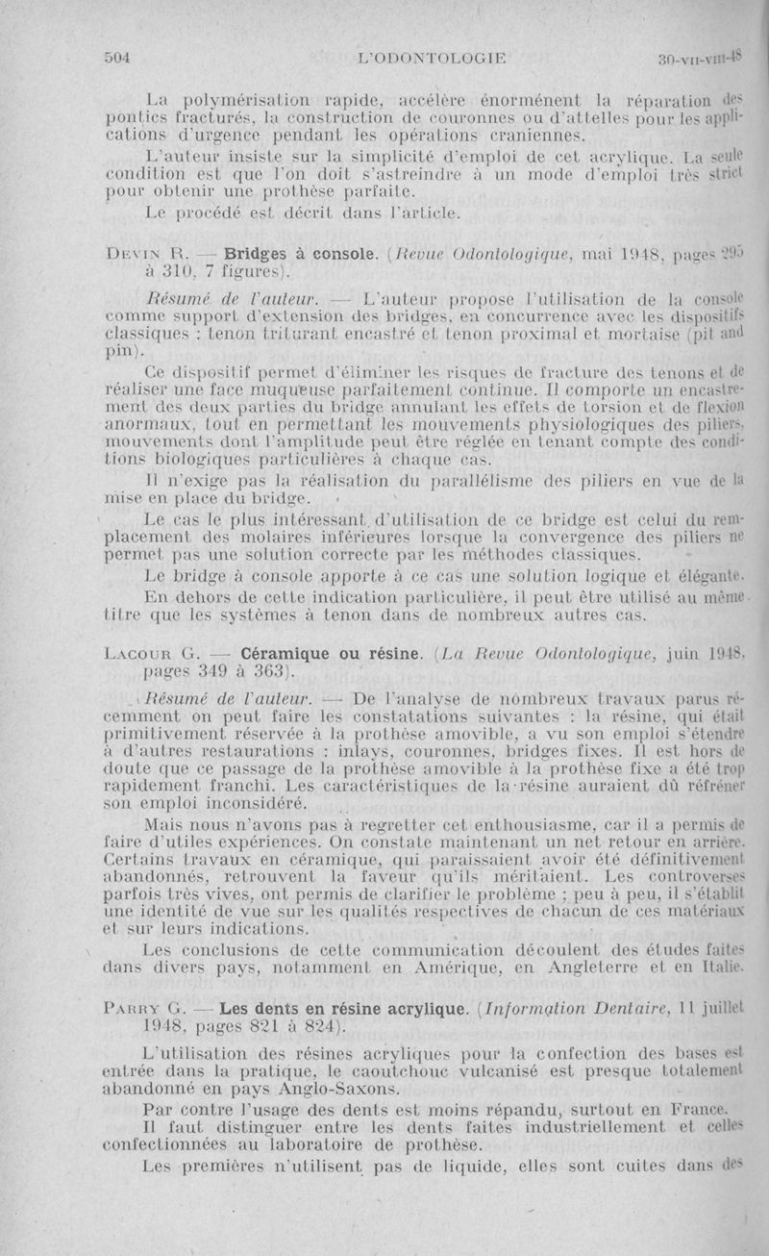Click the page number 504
point(116,57)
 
